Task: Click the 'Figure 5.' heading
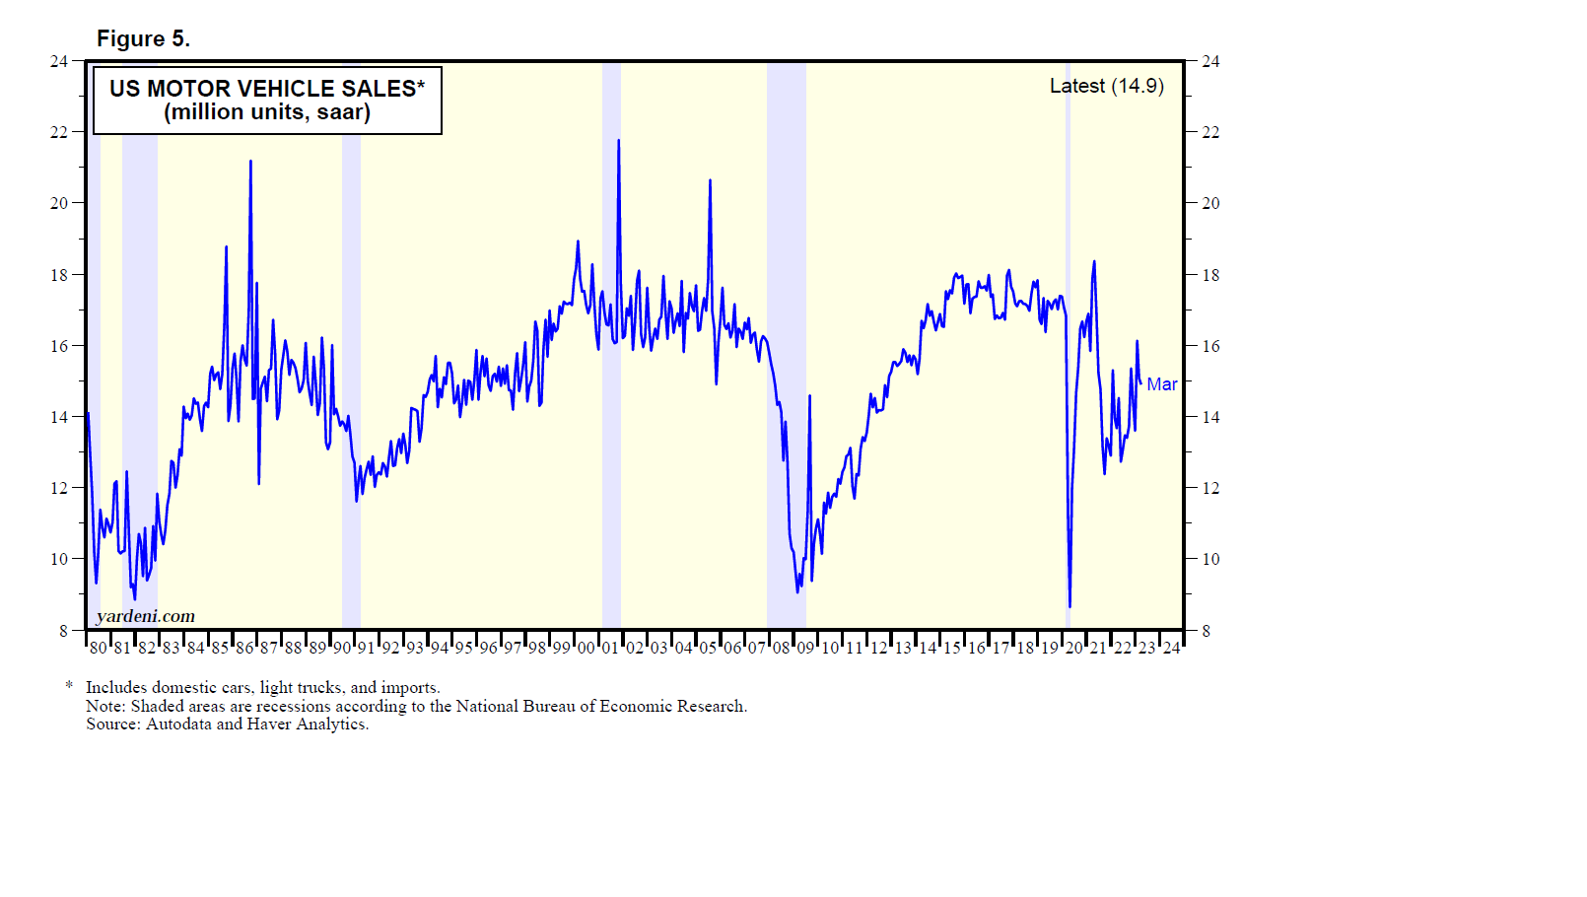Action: click(x=143, y=38)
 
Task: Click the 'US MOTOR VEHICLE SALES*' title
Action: click(x=267, y=89)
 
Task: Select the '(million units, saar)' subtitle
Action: click(x=267, y=112)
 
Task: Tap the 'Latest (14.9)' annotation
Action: click(x=1106, y=87)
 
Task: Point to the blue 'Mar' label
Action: click(x=1161, y=384)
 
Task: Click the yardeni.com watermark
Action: click(x=146, y=616)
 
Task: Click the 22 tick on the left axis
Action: click(x=59, y=132)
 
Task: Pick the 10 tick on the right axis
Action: click(x=1210, y=559)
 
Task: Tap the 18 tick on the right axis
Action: click(x=1210, y=275)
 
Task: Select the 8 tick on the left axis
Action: click(x=64, y=631)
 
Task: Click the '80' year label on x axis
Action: click(x=98, y=648)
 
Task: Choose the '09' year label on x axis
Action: click(x=805, y=648)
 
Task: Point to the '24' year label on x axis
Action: click(x=1171, y=648)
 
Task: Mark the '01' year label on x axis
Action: click(x=610, y=648)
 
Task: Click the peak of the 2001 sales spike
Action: click(x=618, y=141)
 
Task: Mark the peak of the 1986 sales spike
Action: click(x=250, y=162)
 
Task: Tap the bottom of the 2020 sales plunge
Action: click(x=1069, y=606)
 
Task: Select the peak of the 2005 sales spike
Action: click(x=710, y=181)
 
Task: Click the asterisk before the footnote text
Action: click(x=69, y=686)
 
